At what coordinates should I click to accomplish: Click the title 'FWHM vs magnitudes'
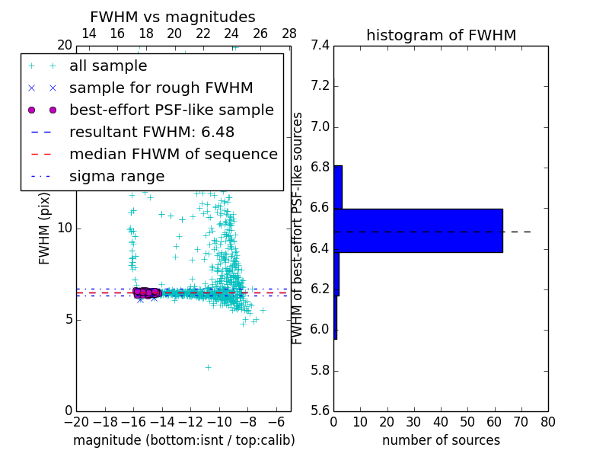point(173,17)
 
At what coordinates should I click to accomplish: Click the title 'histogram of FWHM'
point(441,35)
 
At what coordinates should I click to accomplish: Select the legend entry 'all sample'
point(108,66)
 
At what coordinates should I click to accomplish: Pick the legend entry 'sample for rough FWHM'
point(161,88)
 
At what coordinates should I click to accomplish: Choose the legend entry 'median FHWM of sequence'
point(173,154)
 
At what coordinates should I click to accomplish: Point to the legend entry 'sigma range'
point(116,176)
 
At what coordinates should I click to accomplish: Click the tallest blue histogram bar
point(418,230)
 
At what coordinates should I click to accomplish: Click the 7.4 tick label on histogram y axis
point(320,45)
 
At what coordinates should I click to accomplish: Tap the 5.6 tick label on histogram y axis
point(320,411)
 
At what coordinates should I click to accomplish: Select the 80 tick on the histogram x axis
point(548,421)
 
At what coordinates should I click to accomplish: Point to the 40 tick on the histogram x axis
point(441,421)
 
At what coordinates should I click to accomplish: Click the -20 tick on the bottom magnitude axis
point(76,421)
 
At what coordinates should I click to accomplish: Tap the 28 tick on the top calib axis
point(289,34)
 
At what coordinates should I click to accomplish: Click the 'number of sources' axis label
point(441,440)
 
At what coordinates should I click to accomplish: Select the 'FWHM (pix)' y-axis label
point(45,228)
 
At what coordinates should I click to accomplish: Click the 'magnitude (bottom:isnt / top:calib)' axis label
point(183,440)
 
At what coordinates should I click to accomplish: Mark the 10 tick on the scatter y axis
point(65,228)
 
